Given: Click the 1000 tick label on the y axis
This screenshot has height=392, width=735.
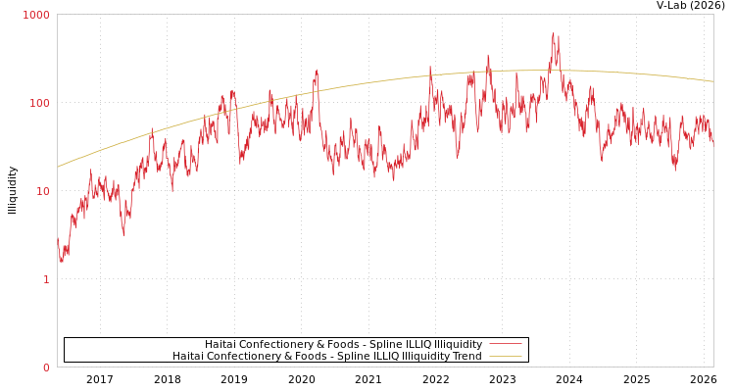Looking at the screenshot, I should click(36, 15).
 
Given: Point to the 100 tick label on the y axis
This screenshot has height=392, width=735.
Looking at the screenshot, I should click(39, 103).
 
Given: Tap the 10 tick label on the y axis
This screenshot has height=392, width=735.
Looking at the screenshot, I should click(42, 191).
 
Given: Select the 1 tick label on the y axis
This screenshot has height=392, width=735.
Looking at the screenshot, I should click(45, 279).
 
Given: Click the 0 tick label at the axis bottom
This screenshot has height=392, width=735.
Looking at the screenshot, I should click(45, 367).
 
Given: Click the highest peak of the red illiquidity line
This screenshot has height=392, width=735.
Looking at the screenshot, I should click(554, 33).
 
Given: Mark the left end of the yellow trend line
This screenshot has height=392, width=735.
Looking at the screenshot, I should click(58, 167).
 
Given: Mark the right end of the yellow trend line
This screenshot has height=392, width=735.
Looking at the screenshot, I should click(712, 81).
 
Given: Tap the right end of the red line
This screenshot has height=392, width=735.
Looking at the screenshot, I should click(712, 143).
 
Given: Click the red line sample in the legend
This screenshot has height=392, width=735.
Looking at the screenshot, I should click(505, 344).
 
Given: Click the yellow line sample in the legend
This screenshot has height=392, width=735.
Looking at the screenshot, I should click(505, 356).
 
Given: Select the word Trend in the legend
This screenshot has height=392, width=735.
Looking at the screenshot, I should click(465, 356).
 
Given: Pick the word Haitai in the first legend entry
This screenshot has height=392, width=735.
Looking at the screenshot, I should click(220, 344).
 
